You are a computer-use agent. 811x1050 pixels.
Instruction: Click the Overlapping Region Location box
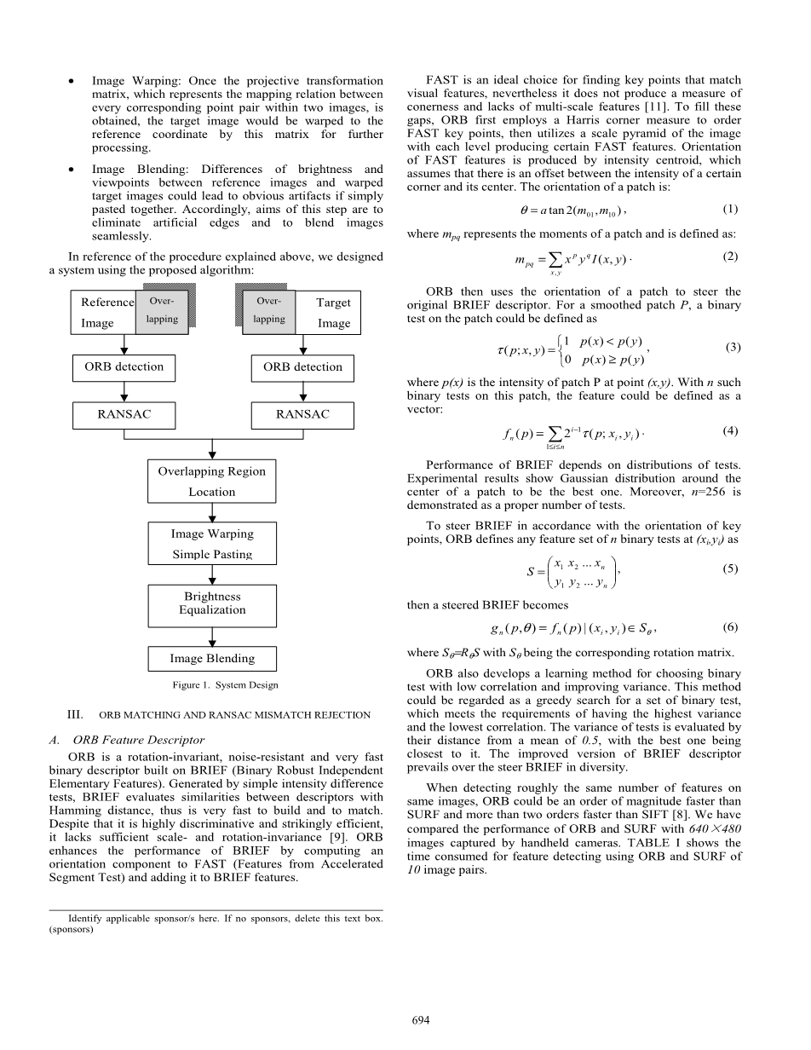[211, 482]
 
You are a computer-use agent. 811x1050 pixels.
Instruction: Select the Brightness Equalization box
[211, 604]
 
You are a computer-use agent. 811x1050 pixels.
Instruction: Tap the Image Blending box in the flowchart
[211, 659]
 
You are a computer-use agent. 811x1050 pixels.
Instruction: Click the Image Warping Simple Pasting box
[211, 543]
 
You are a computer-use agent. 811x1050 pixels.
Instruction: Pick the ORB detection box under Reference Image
[124, 367]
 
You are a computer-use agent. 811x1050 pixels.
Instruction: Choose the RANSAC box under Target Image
[302, 415]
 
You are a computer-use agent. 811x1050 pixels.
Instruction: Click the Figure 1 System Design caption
[225, 684]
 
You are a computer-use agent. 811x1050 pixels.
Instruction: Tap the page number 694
[420, 1019]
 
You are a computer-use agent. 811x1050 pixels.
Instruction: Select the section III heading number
[75, 715]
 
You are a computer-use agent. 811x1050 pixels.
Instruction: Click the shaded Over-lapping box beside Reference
[162, 311]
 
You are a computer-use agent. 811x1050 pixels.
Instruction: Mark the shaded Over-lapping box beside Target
[269, 311]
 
